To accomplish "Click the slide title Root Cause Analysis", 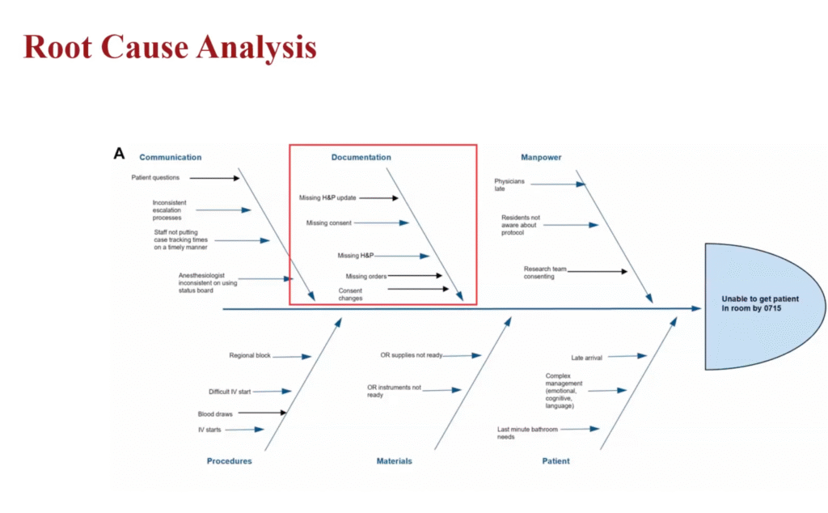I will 170,47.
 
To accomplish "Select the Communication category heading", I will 170,157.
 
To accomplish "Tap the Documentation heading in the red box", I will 361,157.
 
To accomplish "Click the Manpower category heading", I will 541,157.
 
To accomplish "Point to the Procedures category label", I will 229,461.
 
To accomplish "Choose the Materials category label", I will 394,461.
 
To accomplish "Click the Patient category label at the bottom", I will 556,461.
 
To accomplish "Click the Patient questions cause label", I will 155,177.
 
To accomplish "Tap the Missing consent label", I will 328,223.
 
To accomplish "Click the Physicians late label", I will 509,184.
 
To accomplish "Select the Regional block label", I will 250,355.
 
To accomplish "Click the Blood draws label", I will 215,413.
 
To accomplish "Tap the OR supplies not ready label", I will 412,354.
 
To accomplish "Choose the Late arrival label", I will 586,356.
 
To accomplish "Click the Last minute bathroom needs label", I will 527,433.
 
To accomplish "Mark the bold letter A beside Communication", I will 119,153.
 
